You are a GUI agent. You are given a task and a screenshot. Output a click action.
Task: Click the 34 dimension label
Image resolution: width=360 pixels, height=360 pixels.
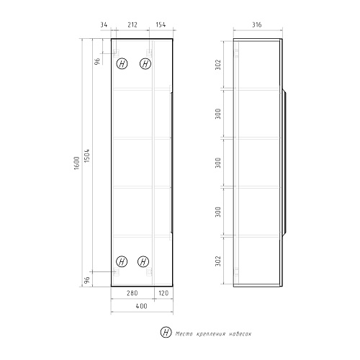coord(104,24)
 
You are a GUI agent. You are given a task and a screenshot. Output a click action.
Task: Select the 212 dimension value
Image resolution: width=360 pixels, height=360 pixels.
coord(132,24)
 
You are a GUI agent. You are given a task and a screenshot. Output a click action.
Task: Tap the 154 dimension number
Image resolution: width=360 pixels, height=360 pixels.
coord(161,24)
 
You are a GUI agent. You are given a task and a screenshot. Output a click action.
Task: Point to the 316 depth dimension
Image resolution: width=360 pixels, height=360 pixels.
coord(256,24)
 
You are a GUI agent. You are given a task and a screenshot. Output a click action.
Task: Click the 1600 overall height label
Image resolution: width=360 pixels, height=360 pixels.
coord(76,163)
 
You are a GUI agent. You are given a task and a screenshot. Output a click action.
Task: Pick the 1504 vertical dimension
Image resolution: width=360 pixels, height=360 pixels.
coord(86,156)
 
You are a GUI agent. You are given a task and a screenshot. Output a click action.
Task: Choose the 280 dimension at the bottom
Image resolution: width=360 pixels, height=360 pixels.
coord(132,293)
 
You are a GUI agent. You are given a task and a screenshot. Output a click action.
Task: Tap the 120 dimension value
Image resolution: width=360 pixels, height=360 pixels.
coord(163,293)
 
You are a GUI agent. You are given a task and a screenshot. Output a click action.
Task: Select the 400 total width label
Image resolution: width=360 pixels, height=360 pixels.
coord(141,306)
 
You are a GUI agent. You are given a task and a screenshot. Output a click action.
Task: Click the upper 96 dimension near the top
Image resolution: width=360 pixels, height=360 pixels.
coord(97,61)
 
